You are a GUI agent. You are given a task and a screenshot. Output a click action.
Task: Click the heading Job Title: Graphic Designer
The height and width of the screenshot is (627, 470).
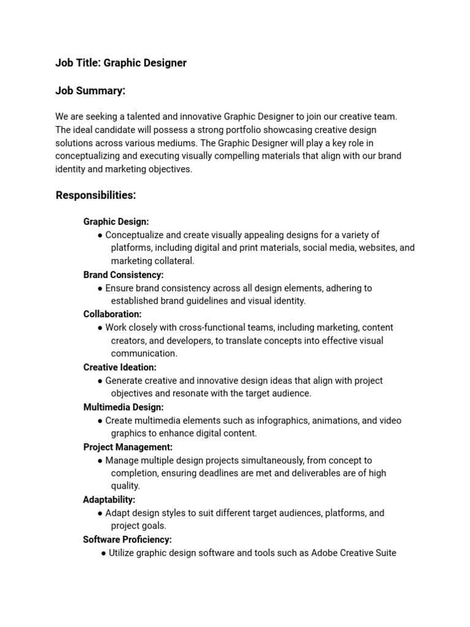[121, 63]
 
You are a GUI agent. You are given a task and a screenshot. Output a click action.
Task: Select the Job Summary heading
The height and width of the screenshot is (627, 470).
[90, 91]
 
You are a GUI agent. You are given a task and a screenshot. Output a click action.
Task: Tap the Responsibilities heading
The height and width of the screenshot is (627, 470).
[95, 195]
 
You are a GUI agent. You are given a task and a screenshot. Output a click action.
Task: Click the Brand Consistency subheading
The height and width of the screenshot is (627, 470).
[123, 275]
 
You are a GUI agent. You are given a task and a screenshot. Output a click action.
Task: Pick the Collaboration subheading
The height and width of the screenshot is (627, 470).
[112, 314]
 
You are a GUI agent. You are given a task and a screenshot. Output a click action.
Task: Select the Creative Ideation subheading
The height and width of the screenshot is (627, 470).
[119, 367]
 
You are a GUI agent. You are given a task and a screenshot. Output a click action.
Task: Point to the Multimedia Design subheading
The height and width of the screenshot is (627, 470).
[123, 407]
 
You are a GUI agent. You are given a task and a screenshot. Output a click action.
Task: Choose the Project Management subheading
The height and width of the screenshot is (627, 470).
[127, 447]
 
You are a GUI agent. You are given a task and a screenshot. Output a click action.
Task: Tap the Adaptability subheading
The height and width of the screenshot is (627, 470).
[109, 500]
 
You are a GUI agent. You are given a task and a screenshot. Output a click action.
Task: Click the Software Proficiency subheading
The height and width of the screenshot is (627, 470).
[127, 539]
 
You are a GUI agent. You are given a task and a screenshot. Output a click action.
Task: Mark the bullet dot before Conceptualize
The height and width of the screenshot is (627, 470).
[100, 235]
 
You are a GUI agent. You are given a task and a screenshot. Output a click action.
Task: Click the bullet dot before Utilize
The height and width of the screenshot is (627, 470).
[103, 554]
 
